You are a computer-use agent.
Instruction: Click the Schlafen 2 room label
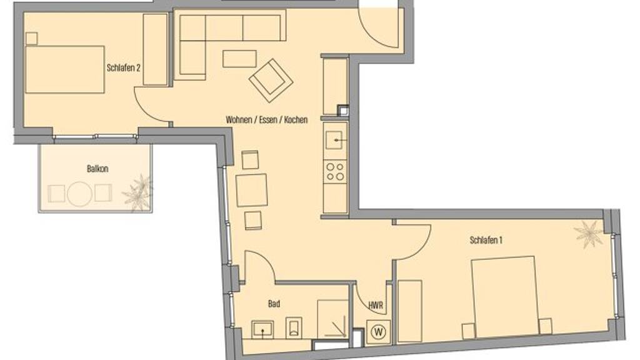pyautogui.click(x=123, y=67)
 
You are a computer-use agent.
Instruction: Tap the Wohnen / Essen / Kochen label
pyautogui.click(x=266, y=119)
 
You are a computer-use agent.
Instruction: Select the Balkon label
pyautogui.click(x=97, y=169)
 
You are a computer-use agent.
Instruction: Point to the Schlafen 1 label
pyautogui.click(x=486, y=240)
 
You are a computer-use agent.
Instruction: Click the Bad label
pyautogui.click(x=274, y=304)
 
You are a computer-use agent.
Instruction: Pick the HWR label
pyautogui.click(x=375, y=305)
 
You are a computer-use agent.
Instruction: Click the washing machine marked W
pyautogui.click(x=378, y=331)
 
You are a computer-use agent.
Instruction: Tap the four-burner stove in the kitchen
pyautogui.click(x=335, y=171)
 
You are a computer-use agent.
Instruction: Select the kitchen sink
pyautogui.click(x=335, y=140)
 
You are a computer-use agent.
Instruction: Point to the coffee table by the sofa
pyautogui.click(x=239, y=59)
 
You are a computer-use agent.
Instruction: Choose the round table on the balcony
pyautogui.click(x=79, y=194)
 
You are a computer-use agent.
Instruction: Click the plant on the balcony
pyautogui.click(x=138, y=193)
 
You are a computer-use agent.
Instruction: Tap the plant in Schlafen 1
pyautogui.click(x=588, y=234)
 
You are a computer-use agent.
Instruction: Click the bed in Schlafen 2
pyautogui.click(x=65, y=69)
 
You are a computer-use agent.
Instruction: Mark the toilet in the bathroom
pyautogui.click(x=294, y=326)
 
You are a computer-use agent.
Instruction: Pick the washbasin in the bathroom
pyautogui.click(x=262, y=329)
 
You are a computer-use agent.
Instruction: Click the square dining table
pyautogui.click(x=251, y=190)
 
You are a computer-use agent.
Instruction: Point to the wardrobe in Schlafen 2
pyautogui.click(x=156, y=49)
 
